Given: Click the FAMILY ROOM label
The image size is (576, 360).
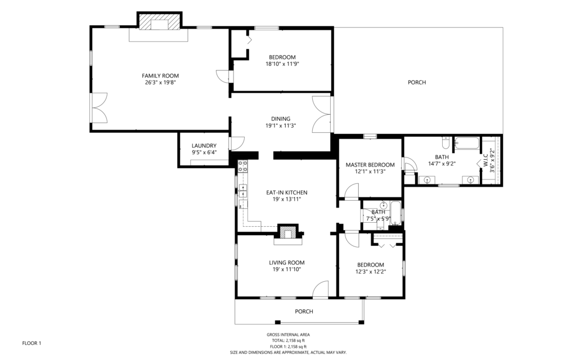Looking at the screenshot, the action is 160,76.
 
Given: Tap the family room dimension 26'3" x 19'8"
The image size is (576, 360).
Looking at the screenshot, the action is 160,83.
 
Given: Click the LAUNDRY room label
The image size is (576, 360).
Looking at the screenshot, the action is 204,146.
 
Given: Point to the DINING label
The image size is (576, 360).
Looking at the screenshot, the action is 281,119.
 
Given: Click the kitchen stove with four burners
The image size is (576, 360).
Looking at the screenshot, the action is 242,166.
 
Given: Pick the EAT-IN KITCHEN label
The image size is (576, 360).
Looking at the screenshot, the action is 286,192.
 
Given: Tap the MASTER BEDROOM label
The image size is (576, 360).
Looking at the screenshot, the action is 370,165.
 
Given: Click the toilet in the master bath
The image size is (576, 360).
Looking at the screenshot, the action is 445,142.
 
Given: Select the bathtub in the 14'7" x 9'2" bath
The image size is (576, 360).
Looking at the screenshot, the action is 466,143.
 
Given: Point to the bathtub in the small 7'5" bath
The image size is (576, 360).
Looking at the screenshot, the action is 395,213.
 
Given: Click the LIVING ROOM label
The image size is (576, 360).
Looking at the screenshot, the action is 286,263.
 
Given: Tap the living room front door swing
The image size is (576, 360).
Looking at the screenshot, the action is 320,289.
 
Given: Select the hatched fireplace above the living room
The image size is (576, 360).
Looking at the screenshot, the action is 287,232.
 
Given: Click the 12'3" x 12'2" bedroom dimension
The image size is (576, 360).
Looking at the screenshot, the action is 370,272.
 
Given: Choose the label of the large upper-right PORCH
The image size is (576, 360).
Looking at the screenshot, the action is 417,82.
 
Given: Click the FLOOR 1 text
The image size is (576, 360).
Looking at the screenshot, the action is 31,343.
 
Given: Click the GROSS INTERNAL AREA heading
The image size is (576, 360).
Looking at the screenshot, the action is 288,335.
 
